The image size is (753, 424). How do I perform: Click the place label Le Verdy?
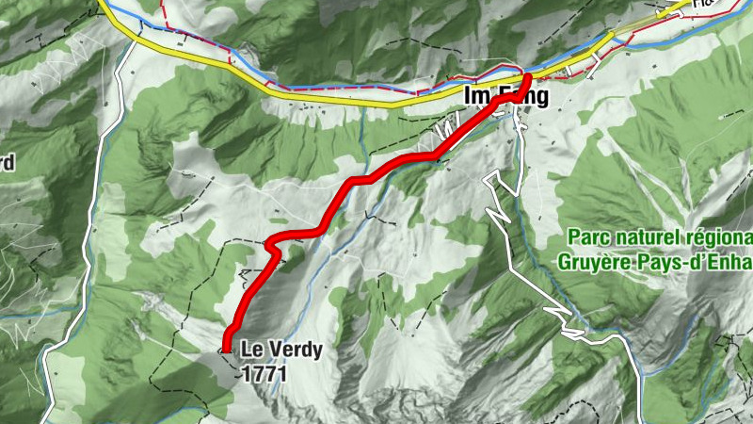tap(280, 351)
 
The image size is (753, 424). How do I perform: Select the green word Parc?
tap(590, 236)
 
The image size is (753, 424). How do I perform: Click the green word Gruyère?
tap(591, 260)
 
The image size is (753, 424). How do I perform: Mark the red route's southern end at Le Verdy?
tap(228, 348)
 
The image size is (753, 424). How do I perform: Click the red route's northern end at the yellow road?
tap(529, 77)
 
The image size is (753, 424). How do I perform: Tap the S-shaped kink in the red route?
tap(272, 247)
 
